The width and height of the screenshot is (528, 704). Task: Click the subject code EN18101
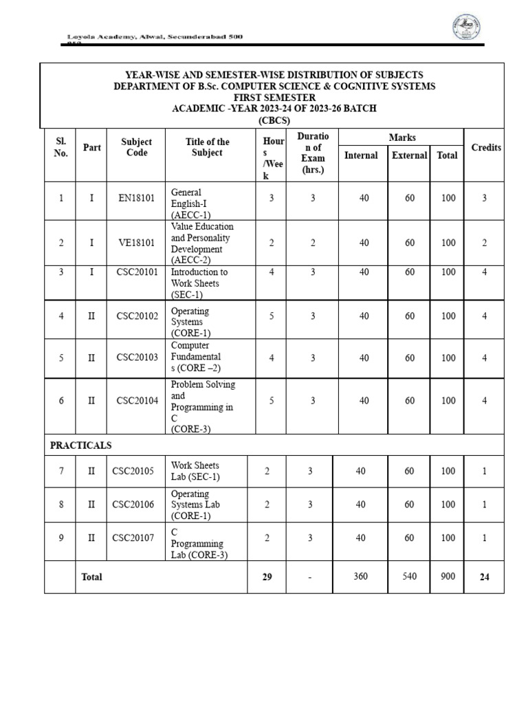click(x=137, y=198)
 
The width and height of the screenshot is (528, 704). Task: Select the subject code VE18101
click(x=137, y=243)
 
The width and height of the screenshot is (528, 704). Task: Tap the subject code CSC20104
click(x=137, y=401)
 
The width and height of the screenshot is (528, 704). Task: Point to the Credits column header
click(x=486, y=148)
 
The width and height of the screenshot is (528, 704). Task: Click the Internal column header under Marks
click(x=361, y=155)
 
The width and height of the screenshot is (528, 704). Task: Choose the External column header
click(x=409, y=155)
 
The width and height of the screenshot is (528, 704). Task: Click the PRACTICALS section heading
click(x=80, y=445)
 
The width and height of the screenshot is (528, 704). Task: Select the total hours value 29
click(x=267, y=577)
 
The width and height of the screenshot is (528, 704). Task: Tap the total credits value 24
click(x=484, y=577)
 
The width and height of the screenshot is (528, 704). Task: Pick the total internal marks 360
click(x=361, y=577)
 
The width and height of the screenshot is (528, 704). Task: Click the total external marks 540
click(x=409, y=577)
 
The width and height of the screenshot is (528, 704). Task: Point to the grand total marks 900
click(x=448, y=577)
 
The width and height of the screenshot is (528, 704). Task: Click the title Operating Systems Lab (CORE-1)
click(x=190, y=505)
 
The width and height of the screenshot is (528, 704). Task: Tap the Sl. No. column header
click(x=60, y=147)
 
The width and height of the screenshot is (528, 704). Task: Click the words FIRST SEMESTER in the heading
click(x=274, y=98)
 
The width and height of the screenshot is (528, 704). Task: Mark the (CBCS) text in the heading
click(x=274, y=120)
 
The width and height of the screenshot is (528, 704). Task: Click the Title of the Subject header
click(x=207, y=147)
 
